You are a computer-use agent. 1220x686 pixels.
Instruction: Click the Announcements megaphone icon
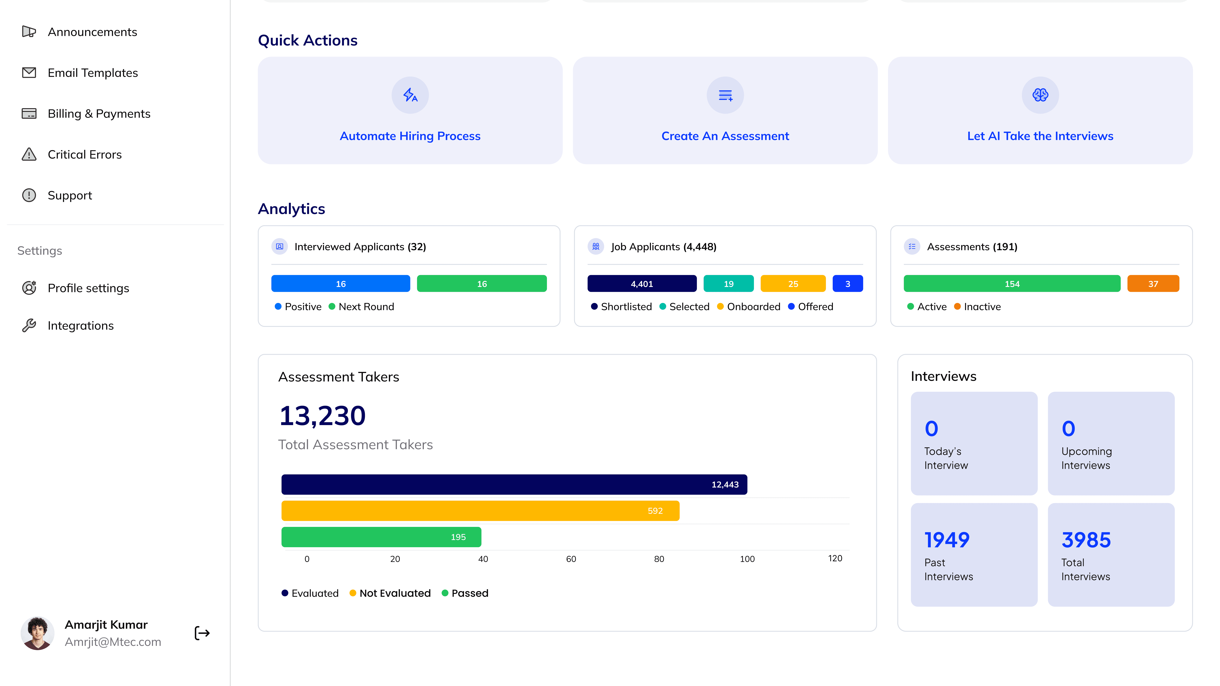29,32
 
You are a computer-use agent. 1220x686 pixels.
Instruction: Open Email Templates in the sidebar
93,73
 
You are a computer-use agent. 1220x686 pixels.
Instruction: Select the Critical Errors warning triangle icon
29,154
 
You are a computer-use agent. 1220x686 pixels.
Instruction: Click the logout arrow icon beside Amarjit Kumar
202,633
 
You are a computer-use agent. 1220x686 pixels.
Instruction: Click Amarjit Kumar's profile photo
37,633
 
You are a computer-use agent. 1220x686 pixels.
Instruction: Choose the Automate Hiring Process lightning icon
410,95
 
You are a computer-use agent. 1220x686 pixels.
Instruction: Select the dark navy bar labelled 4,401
642,284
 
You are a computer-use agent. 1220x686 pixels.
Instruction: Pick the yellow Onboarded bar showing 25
793,284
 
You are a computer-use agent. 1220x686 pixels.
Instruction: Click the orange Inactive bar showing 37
1153,284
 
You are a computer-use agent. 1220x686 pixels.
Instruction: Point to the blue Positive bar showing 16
341,284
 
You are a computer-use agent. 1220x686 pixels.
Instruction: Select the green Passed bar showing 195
381,537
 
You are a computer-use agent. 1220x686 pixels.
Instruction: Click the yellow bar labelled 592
480,511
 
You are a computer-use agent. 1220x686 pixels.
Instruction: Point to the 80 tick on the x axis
659,559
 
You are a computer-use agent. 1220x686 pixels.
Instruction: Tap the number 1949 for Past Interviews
947,540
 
